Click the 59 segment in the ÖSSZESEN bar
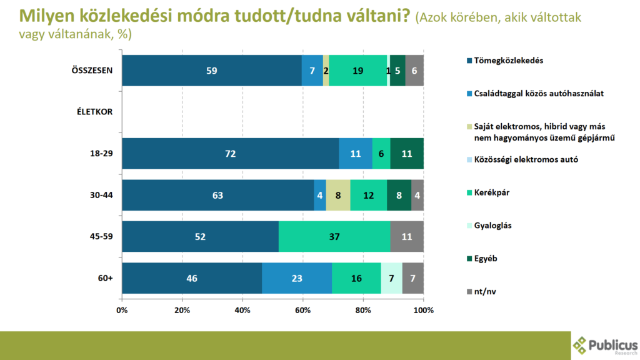pos(212,70)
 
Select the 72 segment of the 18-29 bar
pos(230,153)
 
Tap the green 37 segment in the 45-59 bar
pos(334,236)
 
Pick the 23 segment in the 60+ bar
pos(297,278)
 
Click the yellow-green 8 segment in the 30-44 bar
pos(338,195)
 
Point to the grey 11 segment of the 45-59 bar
pos(407,236)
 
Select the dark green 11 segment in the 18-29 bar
pos(407,153)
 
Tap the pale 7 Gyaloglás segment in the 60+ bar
pos(391,278)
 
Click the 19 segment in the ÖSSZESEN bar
pos(358,70)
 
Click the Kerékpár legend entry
pos(492,192)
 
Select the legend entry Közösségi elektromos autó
pos(526,159)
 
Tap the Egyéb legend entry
pos(486,257)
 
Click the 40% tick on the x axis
pos(242,310)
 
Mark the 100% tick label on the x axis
pos(423,310)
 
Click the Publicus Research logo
pos(605,345)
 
